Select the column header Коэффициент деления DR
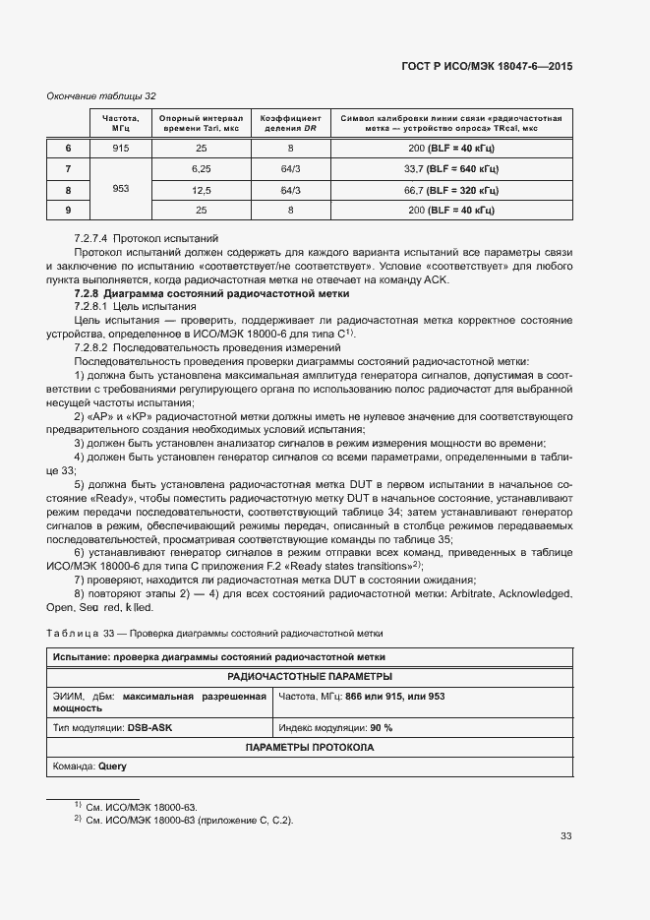click(289, 123)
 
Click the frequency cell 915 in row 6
click(121, 148)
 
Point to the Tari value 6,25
click(201, 168)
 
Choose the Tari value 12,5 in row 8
click(201, 190)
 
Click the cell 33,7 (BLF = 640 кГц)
click(451, 168)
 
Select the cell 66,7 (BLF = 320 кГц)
click(451, 190)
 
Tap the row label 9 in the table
click(68, 211)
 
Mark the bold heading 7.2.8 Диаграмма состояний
click(211, 294)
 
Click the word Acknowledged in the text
click(532, 594)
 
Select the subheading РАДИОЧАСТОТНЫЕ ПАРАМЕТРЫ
click(310, 676)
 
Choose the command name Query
click(112, 766)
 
